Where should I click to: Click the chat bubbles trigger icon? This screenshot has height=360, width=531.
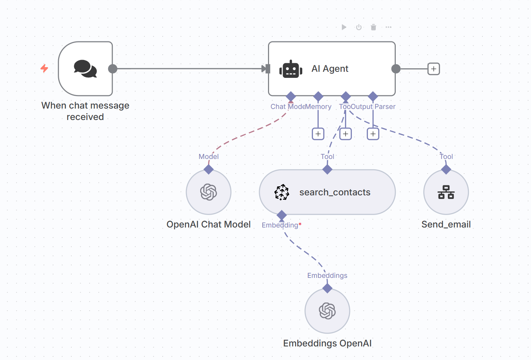click(85, 69)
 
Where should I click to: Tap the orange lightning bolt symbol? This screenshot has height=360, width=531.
click(44, 68)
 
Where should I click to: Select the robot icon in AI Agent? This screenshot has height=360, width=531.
click(291, 69)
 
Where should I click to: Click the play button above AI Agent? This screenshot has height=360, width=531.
click(344, 27)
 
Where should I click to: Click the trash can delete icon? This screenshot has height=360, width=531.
click(373, 27)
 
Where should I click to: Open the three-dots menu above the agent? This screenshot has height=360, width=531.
click(389, 27)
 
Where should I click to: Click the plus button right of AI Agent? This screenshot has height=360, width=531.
click(434, 69)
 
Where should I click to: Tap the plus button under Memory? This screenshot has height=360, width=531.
click(318, 134)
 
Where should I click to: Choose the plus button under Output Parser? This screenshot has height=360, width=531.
click(373, 134)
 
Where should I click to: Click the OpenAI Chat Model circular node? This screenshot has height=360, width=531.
click(209, 192)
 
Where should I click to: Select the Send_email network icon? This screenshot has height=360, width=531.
click(446, 192)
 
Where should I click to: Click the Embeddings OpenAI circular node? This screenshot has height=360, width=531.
click(327, 311)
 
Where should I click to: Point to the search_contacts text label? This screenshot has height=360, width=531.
click(335, 192)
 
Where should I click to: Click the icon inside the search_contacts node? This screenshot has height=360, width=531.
click(282, 192)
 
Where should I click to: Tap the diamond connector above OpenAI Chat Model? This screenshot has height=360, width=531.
click(209, 169)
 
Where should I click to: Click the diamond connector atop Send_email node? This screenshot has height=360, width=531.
click(446, 169)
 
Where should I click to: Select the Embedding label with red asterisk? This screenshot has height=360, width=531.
click(282, 225)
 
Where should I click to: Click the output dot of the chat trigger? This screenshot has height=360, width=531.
click(113, 69)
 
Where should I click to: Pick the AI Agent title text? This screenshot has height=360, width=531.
click(330, 69)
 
